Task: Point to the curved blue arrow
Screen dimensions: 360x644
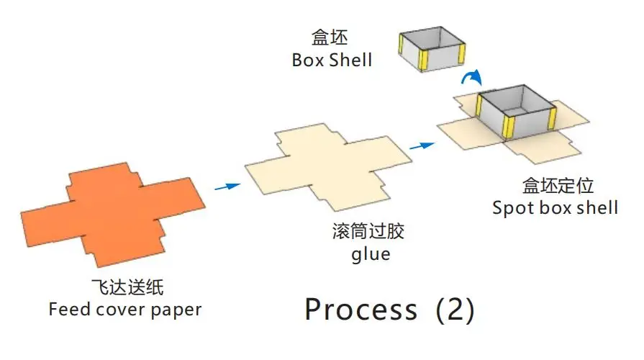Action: tap(472, 78)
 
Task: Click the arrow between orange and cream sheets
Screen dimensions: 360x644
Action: tap(227, 186)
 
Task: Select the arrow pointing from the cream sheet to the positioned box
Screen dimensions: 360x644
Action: tap(423, 145)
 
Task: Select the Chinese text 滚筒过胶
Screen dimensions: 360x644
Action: tap(369, 232)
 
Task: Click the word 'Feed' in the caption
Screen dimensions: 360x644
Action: tap(68, 310)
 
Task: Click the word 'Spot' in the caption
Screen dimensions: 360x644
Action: tap(512, 208)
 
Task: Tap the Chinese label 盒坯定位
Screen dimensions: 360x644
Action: tap(558, 186)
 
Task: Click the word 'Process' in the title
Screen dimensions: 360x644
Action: tap(360, 310)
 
